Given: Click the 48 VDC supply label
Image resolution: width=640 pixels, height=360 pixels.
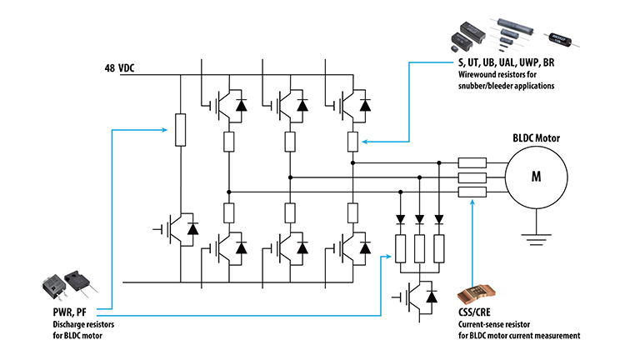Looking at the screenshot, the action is pyautogui.click(x=119, y=67).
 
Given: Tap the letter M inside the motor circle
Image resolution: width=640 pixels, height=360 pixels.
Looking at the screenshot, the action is pyautogui.click(x=536, y=177).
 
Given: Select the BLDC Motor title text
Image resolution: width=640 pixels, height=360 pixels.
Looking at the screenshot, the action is pyautogui.click(x=537, y=138).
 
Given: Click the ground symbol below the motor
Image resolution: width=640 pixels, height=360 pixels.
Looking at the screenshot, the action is pyautogui.click(x=537, y=239).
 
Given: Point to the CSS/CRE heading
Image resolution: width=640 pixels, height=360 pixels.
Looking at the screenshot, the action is pyautogui.click(x=474, y=312).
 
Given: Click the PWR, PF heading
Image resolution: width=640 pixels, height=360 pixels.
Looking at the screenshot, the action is pyautogui.click(x=70, y=312).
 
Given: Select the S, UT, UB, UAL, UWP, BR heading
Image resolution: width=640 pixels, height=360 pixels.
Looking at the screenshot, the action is pyautogui.click(x=507, y=62).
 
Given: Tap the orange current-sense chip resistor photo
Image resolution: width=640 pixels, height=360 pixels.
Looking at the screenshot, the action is pyautogui.click(x=477, y=294).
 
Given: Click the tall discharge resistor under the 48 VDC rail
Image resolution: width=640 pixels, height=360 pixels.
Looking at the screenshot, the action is pyautogui.click(x=180, y=130).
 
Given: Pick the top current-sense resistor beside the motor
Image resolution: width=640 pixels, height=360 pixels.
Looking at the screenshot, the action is pyautogui.click(x=472, y=162).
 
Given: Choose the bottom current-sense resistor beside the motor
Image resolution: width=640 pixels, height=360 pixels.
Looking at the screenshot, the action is pyautogui.click(x=472, y=192).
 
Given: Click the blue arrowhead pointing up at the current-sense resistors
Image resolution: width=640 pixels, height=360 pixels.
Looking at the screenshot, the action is pyautogui.click(x=472, y=202).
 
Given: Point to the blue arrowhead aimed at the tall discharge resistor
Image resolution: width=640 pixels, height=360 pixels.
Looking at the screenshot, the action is pyautogui.click(x=164, y=130).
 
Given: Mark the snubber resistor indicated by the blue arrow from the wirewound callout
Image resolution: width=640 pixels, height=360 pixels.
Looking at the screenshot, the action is pyautogui.click(x=352, y=142).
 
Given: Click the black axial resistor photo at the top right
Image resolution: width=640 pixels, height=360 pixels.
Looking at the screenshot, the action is pyautogui.click(x=562, y=40).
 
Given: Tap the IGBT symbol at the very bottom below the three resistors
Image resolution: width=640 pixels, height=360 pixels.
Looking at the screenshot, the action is pyautogui.click(x=417, y=297).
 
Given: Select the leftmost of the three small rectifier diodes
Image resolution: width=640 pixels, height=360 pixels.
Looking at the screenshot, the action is pyautogui.click(x=400, y=219).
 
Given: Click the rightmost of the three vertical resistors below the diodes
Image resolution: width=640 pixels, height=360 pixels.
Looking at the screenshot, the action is pyautogui.click(x=439, y=249).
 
